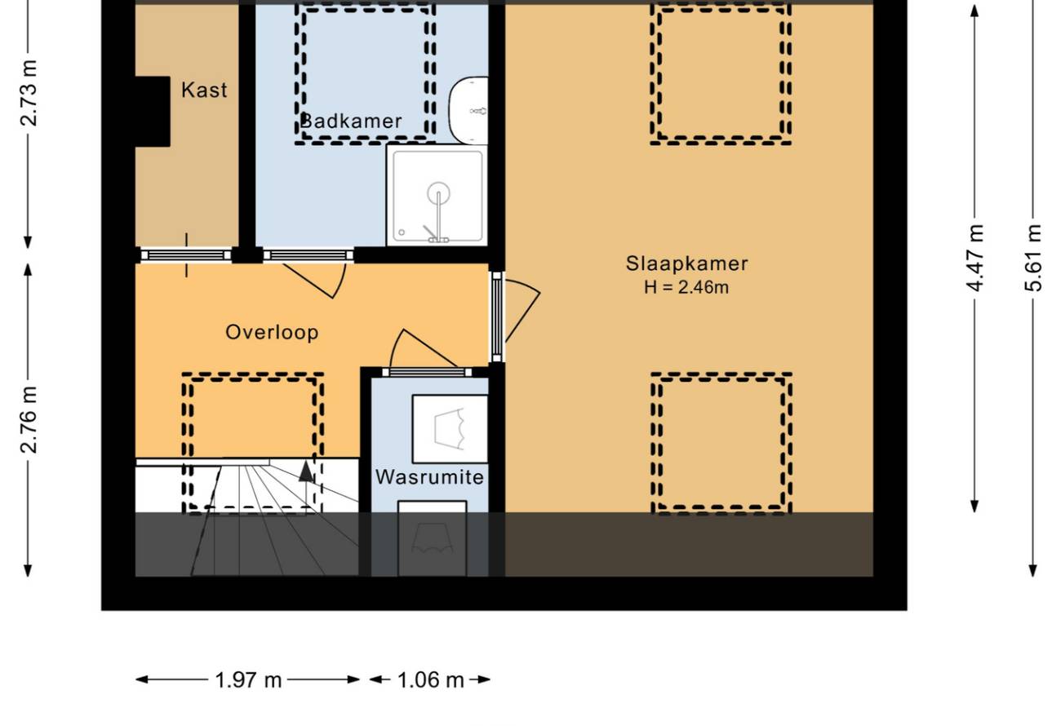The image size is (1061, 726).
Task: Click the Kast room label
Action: tap(204, 90)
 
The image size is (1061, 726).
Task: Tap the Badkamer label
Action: tap(351, 122)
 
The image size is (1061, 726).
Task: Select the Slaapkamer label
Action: tap(687, 263)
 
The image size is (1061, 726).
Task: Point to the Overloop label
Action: tap(272, 332)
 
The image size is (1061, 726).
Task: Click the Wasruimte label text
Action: tap(429, 476)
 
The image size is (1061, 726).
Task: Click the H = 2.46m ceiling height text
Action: tap(686, 287)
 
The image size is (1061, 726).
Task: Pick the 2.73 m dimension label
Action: tap(29, 93)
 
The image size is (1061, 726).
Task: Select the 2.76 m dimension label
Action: tap(29, 420)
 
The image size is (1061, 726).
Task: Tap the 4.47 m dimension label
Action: tap(974, 258)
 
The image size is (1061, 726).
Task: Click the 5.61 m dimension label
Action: tap(1033, 258)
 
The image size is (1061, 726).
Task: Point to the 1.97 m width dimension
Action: tap(248, 680)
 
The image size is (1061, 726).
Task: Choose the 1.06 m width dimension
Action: tap(430, 680)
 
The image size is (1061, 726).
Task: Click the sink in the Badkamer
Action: tap(468, 110)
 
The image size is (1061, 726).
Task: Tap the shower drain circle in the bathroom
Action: tap(438, 193)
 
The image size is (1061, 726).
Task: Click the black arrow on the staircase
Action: tap(306, 471)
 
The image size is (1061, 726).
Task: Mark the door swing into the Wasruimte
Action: tap(417, 348)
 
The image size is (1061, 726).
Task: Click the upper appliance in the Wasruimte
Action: tap(450, 429)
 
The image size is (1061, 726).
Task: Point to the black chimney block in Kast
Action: tap(153, 111)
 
